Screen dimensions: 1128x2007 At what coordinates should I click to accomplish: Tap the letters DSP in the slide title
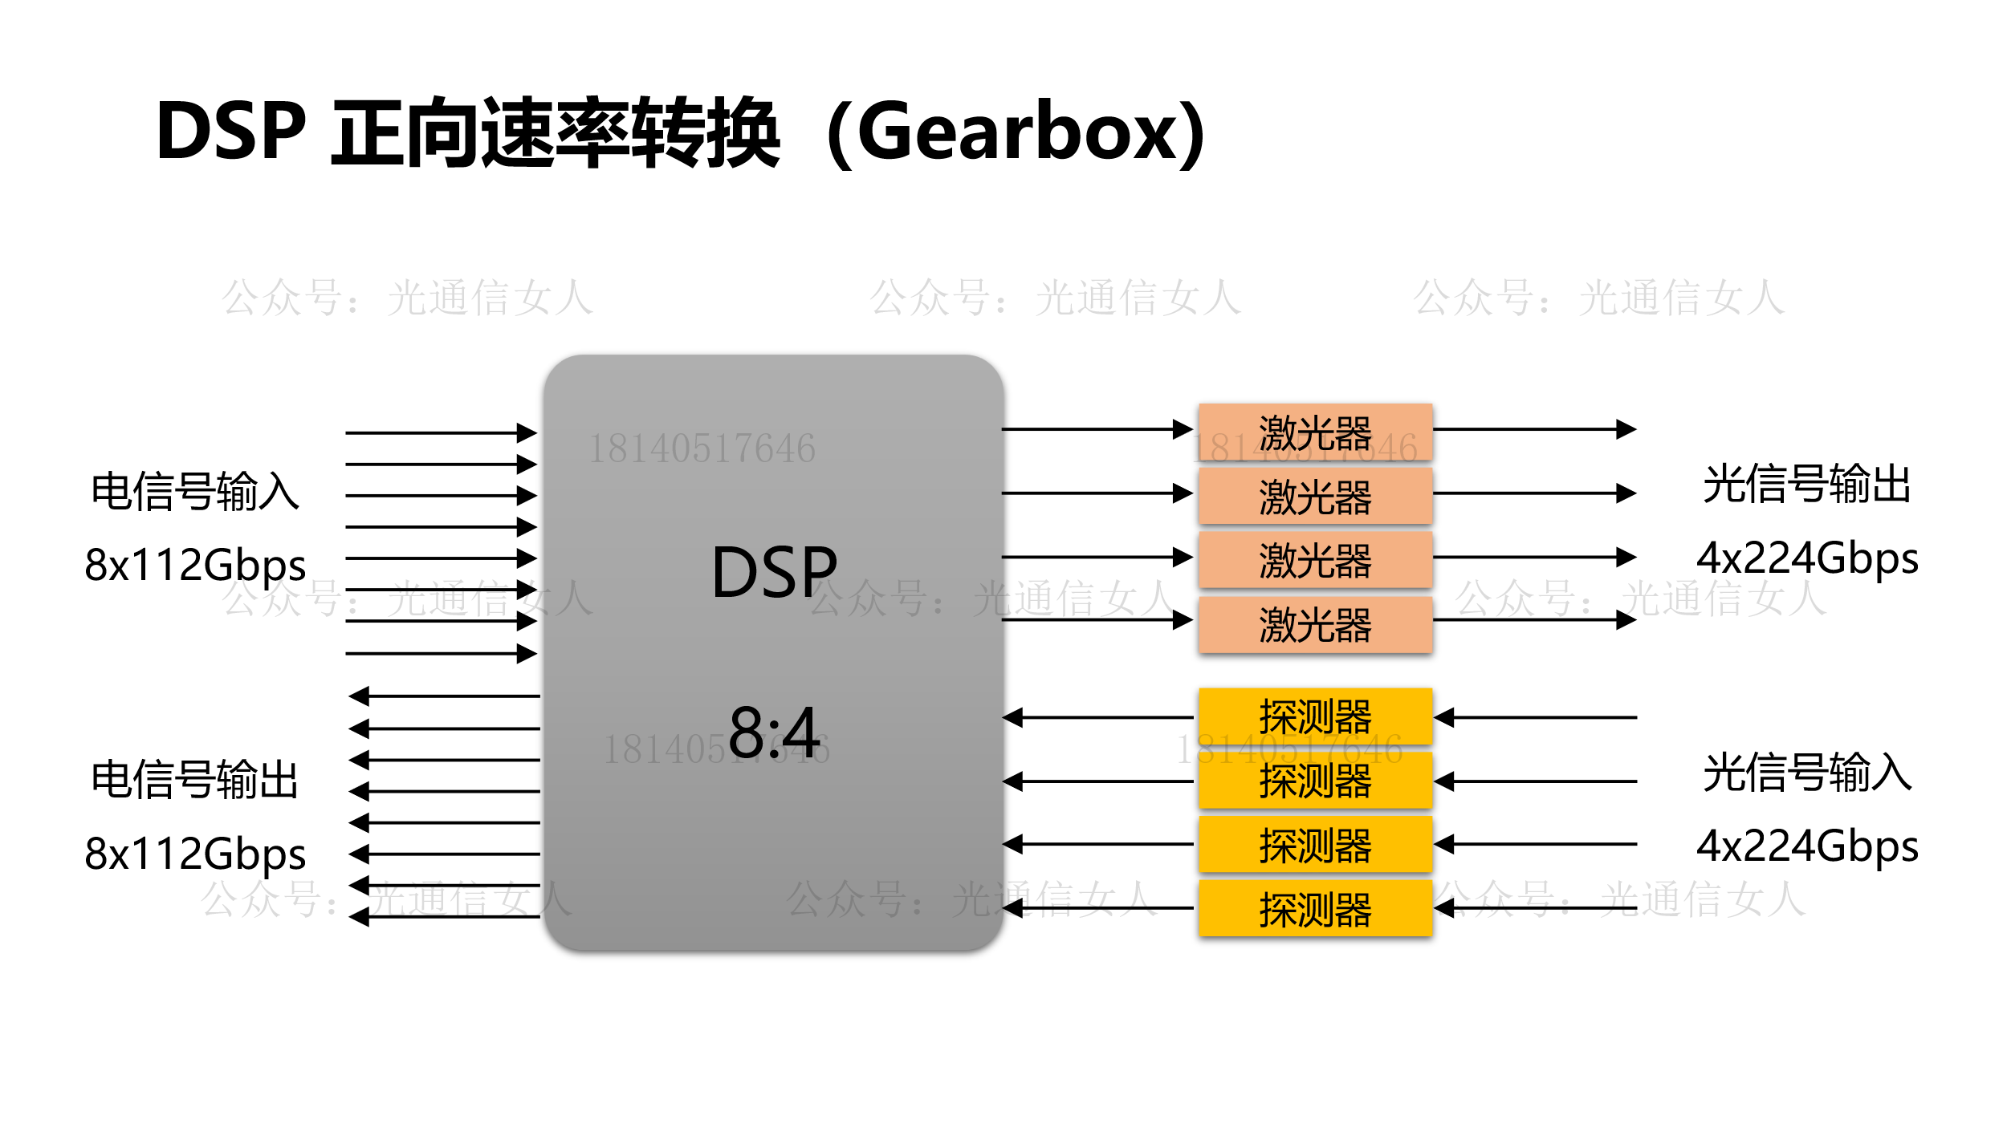coord(231,131)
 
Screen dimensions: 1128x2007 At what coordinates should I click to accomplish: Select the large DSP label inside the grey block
coord(774,572)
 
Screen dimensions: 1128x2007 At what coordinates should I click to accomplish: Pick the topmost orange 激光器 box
coord(1315,432)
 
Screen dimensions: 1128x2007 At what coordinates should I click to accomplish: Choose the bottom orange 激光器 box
coord(1315,624)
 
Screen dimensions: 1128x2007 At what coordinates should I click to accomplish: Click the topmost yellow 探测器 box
coord(1315,716)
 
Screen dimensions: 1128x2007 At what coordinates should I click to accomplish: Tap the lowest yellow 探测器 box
coord(1315,909)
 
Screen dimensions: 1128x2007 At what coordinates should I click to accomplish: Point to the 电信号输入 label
coord(195,490)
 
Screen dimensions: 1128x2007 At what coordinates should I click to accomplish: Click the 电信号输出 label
coord(195,778)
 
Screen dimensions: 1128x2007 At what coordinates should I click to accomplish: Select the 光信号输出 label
coord(1806,484)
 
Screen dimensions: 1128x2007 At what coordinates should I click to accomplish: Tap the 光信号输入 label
coord(1806,772)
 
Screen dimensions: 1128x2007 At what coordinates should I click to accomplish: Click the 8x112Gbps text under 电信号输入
coord(195,564)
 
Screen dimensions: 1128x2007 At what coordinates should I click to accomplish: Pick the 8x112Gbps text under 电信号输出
coord(195,853)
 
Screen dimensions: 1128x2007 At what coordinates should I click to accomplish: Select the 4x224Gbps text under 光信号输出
coord(1806,558)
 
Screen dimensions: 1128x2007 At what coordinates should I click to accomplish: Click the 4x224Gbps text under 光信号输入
coord(1806,846)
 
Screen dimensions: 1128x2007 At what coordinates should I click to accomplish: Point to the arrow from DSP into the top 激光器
coord(1097,429)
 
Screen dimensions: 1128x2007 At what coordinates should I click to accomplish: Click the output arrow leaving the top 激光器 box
coord(1533,429)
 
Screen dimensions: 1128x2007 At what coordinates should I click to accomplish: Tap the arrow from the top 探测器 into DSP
coord(1097,717)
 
